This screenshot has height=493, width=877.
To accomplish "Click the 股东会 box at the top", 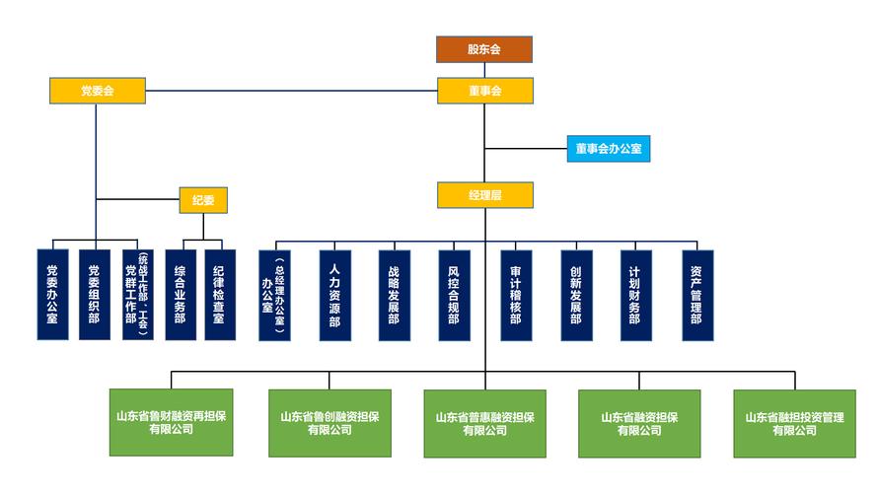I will coord(484,49).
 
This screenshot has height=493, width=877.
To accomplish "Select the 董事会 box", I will coord(484,91).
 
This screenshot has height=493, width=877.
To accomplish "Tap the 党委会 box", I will coord(97,91).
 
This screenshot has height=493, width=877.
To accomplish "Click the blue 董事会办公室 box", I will coord(608,149).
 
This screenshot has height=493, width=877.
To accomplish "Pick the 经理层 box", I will coord(484,195).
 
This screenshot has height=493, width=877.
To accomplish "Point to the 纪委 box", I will coord(203,200).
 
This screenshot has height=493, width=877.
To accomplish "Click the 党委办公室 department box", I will coord(53,295).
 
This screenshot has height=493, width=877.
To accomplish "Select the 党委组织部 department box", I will coord(95,295).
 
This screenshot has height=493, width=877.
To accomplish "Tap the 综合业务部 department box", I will coord(181,295).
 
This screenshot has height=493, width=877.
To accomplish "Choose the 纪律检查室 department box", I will coord(220,295).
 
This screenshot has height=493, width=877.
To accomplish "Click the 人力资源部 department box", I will coord(334,295).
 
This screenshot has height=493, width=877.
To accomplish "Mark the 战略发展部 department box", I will coord(394,295).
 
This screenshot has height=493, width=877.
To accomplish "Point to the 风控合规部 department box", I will coord(454,295).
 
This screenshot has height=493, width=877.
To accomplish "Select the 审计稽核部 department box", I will coord(516,295).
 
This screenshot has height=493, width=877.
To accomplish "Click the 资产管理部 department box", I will coord(696,295).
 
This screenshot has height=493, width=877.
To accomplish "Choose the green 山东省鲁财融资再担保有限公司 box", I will coord(172,423).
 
